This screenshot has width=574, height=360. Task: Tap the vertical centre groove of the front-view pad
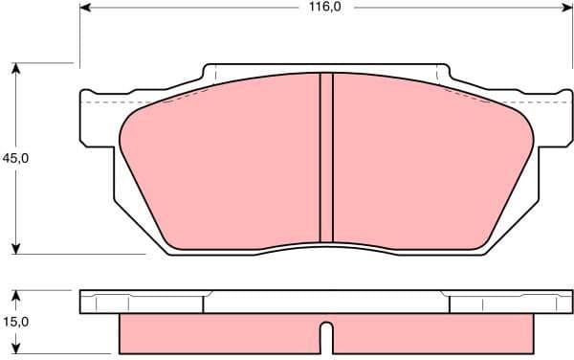325,158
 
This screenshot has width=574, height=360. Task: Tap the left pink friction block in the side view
220,332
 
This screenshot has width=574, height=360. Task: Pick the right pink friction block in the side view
430,332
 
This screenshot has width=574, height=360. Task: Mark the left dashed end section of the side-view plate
143,302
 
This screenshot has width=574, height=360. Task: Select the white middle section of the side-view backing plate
325,302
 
